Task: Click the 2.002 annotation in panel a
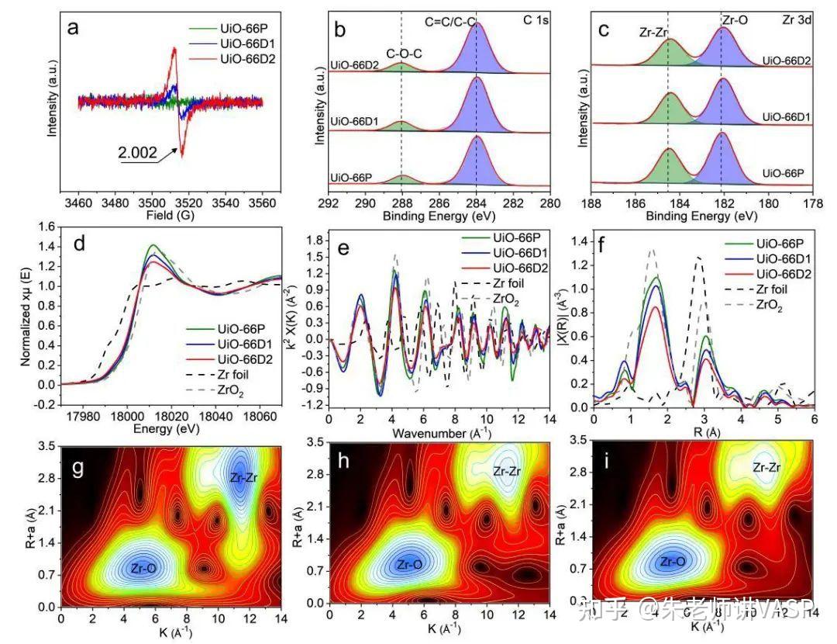(x=136, y=154)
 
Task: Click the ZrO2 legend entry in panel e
(x=507, y=299)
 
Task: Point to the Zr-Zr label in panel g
(x=244, y=478)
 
